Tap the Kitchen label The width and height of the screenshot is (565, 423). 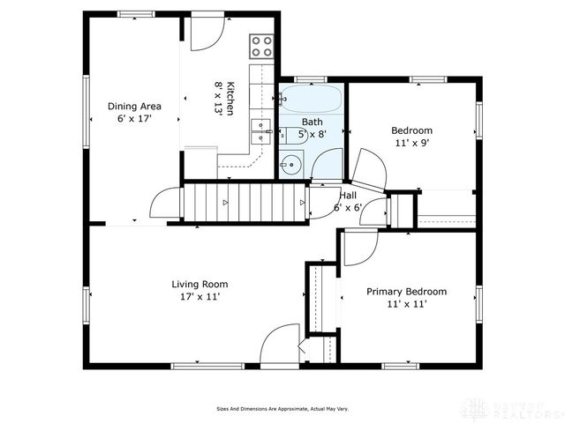coord(230,98)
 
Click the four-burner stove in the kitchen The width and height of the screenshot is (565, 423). coord(260,45)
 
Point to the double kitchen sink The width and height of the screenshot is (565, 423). coord(260,130)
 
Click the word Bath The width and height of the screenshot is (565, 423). coord(312,122)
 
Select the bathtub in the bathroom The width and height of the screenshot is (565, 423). coord(311,98)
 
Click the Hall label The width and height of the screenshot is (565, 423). coord(348,196)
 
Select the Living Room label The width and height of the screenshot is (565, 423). coord(200,284)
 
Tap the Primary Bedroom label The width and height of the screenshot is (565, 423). coord(406,292)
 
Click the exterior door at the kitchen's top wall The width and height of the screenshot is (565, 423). coord(207,31)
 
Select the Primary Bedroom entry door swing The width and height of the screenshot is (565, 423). coord(360,246)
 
